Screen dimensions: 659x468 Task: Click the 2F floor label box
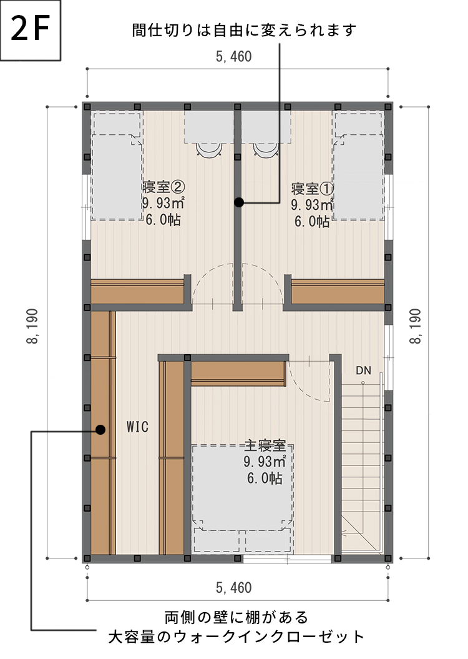31,31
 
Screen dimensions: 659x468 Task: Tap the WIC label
137,427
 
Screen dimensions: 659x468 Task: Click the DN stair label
364,370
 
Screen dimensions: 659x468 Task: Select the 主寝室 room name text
265,446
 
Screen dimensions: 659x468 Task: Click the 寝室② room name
163,187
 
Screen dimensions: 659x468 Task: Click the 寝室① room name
313,187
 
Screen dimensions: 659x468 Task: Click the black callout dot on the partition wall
238,202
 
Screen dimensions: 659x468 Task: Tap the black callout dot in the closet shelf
100,429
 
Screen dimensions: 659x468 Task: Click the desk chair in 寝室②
208,149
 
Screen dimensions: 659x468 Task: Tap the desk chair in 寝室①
263,149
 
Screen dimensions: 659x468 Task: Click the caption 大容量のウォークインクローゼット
236,637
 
